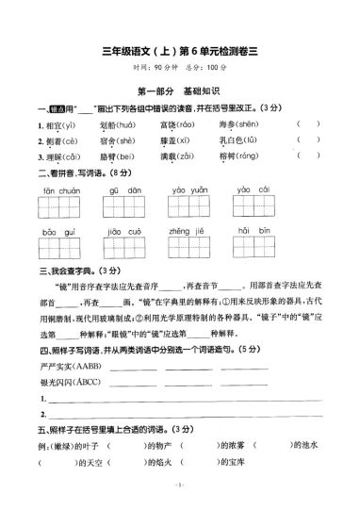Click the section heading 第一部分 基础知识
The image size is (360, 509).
coord(179,90)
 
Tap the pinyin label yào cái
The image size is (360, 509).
coord(254,189)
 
